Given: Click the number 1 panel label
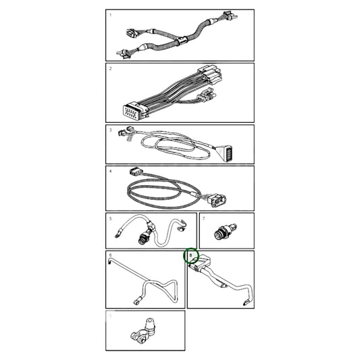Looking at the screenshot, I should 111,14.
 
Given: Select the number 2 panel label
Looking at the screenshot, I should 111,69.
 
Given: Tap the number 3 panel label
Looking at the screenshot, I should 111,129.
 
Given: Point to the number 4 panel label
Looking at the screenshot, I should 111,171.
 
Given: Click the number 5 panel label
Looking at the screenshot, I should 111,218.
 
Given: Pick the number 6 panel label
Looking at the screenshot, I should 111,256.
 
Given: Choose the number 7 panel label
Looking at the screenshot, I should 203,218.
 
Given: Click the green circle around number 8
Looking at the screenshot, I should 192,256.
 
